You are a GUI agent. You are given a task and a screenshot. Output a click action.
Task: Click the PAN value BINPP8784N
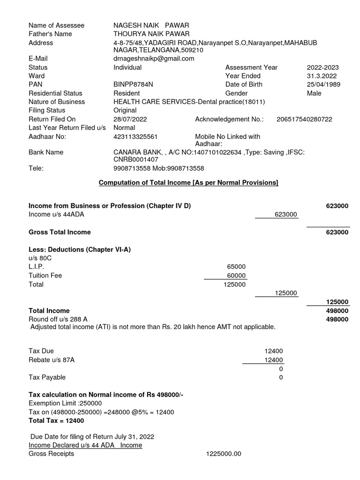(133, 84)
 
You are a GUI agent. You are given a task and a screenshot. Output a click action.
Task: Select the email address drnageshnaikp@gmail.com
(154, 59)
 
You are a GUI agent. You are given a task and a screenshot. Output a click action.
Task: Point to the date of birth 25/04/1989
(323, 84)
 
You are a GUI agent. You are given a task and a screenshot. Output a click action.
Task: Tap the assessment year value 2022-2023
(322, 67)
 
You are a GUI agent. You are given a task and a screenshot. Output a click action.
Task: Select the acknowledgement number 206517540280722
(304, 119)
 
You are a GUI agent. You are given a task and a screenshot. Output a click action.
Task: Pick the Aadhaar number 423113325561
(136, 136)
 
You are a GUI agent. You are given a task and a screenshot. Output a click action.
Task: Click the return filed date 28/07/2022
(130, 119)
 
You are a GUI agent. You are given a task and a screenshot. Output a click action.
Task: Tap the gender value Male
(314, 93)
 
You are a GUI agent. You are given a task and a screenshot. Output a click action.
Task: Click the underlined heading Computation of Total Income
(188, 182)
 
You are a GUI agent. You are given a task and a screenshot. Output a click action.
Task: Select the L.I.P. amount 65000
(236, 267)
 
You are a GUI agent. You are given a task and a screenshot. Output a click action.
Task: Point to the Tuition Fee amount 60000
(236, 276)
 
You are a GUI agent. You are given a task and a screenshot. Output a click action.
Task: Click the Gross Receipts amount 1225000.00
(223, 454)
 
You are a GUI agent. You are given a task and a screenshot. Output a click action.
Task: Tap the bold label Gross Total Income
(60, 232)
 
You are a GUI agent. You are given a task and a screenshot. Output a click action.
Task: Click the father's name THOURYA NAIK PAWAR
(151, 34)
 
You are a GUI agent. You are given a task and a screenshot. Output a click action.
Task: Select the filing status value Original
(125, 110)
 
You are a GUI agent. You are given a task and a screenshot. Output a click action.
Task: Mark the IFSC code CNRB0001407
(133, 159)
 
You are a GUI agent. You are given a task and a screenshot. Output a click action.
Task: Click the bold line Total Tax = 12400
(57, 420)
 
